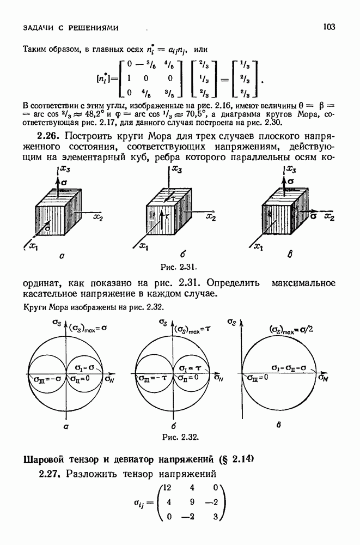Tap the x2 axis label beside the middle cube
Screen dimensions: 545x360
pos(212,217)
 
